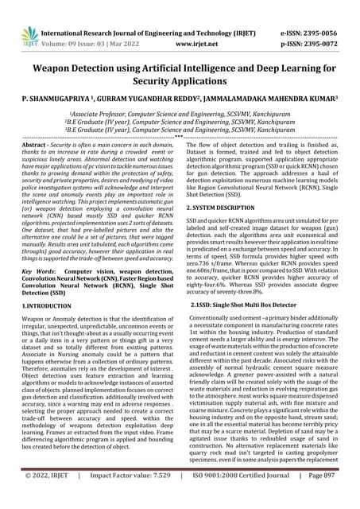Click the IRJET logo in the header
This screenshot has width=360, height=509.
[21, 17]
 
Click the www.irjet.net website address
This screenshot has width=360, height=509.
[188, 24]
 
